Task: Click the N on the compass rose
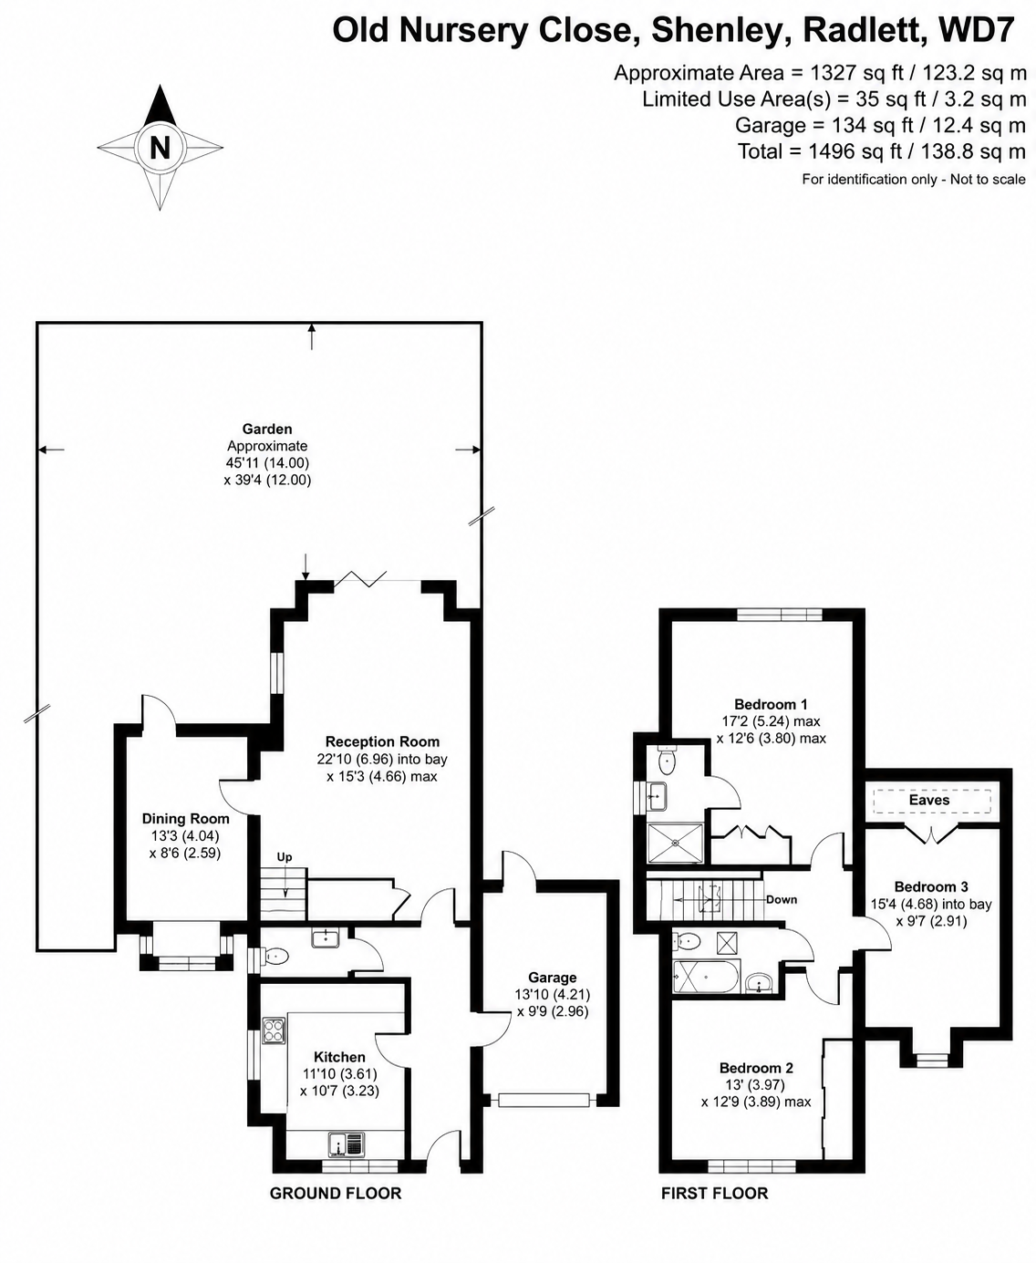pyautogui.click(x=160, y=147)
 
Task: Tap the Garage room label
pyautogui.click(x=552, y=978)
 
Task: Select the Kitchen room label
pyautogui.click(x=339, y=1058)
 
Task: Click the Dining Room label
pyautogui.click(x=186, y=819)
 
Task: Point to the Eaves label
pyautogui.click(x=929, y=800)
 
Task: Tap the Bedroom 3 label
pyautogui.click(x=931, y=887)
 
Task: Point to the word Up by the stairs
pyautogui.click(x=285, y=857)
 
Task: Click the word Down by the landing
pyautogui.click(x=782, y=899)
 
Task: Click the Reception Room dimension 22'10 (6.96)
pyautogui.click(x=355, y=760)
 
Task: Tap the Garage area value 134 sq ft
pyautogui.click(x=873, y=125)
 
